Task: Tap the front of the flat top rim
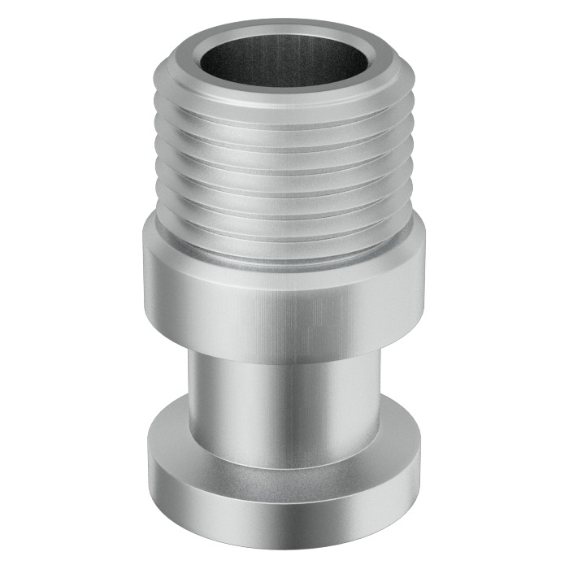pos(284,93)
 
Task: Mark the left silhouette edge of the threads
pos(160,163)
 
